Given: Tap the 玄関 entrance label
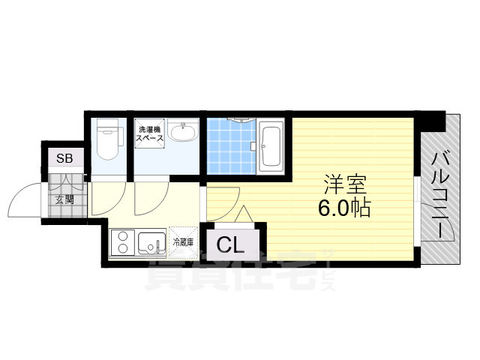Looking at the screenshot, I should point(64,199).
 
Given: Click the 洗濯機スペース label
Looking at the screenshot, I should point(151,136).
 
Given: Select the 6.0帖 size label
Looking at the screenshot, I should point(344,208).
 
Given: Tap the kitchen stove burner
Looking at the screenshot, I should point(121,242).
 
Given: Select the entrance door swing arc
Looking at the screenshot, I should point(22,199).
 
